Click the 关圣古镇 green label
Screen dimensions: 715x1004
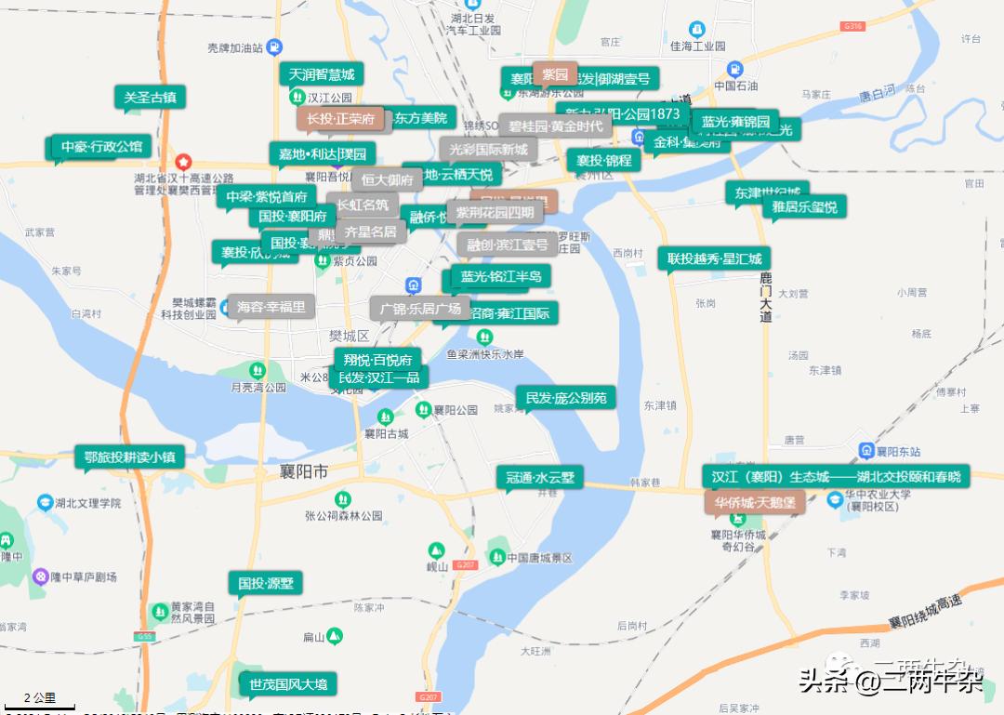point(150,97)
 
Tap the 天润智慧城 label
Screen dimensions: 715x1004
point(321,74)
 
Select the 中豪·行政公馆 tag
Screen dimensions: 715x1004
point(101,147)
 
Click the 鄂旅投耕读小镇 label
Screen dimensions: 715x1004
point(129,457)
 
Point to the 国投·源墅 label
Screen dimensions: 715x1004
point(265,583)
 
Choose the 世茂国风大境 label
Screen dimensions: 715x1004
point(288,684)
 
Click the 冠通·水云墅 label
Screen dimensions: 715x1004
point(540,478)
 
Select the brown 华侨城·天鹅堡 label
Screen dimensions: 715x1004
point(754,502)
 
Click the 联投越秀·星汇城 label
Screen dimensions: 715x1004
point(714,258)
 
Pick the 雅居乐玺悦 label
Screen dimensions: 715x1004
point(804,206)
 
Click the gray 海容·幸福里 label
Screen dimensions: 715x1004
point(271,307)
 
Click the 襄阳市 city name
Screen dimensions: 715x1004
point(304,472)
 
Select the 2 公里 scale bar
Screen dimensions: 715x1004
point(39,699)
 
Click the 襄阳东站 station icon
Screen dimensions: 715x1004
point(865,451)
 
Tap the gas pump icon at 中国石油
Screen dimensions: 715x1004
point(735,69)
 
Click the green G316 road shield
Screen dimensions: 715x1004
point(853,27)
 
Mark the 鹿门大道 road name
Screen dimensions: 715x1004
point(765,298)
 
